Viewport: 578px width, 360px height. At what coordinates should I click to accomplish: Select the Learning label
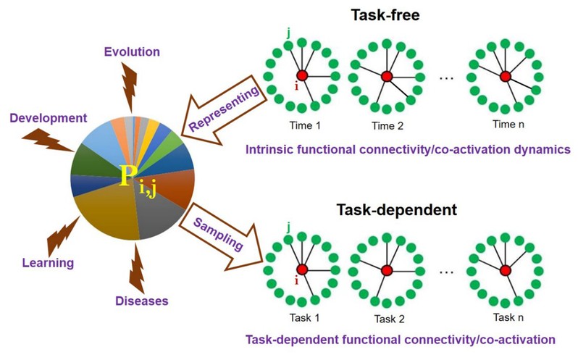click(x=49, y=263)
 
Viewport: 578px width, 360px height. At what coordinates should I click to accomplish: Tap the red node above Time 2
click(x=386, y=76)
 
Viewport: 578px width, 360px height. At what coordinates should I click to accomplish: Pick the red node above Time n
click(x=505, y=76)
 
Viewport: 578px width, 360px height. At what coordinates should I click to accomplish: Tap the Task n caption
click(x=505, y=317)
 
